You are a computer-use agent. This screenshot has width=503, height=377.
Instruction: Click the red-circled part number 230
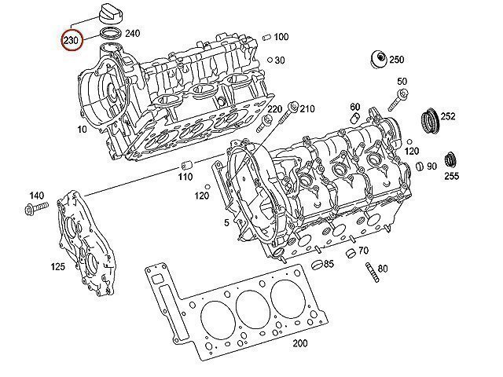point(71,40)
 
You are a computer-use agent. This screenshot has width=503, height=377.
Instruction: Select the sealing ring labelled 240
point(111,33)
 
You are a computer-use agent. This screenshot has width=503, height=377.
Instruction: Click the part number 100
point(281,37)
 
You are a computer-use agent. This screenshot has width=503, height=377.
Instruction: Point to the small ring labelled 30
point(270,60)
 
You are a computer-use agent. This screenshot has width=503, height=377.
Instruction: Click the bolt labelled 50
point(397,101)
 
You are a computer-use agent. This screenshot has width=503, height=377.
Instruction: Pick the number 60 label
point(355,107)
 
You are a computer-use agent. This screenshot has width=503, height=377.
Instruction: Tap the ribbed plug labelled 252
point(430,120)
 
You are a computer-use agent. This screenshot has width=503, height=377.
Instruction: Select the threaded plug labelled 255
point(450,159)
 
